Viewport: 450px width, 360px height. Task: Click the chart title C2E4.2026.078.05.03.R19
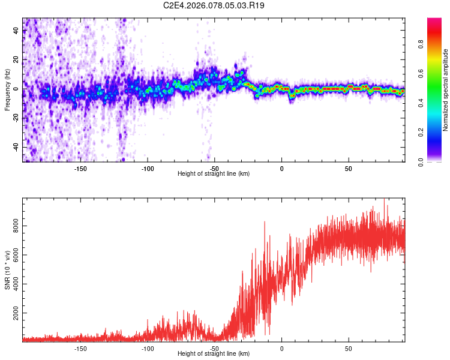214,5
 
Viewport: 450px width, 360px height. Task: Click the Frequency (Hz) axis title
7,89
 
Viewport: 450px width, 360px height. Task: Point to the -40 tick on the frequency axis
16,147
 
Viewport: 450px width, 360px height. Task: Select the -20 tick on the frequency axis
16,118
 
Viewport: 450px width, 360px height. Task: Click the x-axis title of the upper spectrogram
214,174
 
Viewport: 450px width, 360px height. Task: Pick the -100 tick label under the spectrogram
148,169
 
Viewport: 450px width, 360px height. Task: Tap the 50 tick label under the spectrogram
349,169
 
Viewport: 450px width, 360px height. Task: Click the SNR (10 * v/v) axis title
7,269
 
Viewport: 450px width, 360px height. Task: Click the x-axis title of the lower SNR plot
214,354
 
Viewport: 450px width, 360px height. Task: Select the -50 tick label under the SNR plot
214,348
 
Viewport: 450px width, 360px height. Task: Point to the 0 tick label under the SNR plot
281,348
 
